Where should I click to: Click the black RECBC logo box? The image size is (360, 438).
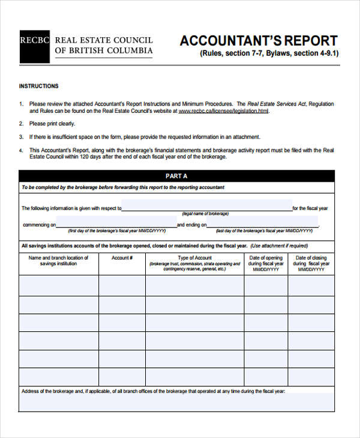(34, 46)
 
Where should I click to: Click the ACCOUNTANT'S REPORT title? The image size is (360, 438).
(259, 41)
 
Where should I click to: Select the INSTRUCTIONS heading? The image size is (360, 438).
(39, 86)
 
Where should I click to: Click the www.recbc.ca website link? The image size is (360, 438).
(224, 111)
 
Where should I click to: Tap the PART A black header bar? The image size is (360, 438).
(176, 176)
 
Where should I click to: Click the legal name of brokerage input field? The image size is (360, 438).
(206, 208)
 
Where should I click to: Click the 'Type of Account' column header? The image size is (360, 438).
(194, 257)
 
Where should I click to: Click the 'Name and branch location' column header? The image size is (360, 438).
(58, 260)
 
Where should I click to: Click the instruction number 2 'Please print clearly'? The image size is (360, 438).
(52, 124)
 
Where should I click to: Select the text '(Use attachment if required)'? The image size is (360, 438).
(279, 245)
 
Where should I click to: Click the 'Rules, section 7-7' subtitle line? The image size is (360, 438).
(269, 53)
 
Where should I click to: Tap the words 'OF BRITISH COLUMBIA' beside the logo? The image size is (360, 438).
(104, 51)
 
